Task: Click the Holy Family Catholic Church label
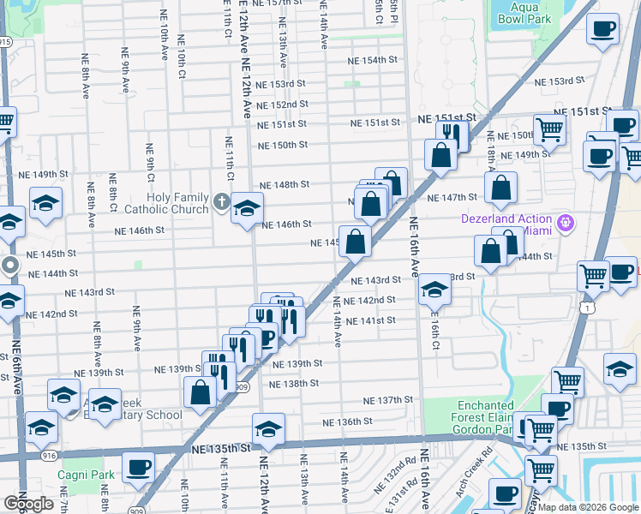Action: click(166, 203)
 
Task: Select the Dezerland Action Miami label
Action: click(506, 224)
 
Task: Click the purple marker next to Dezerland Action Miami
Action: click(564, 224)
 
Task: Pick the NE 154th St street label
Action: click(373, 61)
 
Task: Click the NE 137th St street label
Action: click(387, 400)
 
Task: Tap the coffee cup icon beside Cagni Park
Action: click(138, 467)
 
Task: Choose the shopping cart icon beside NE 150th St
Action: click(548, 129)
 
